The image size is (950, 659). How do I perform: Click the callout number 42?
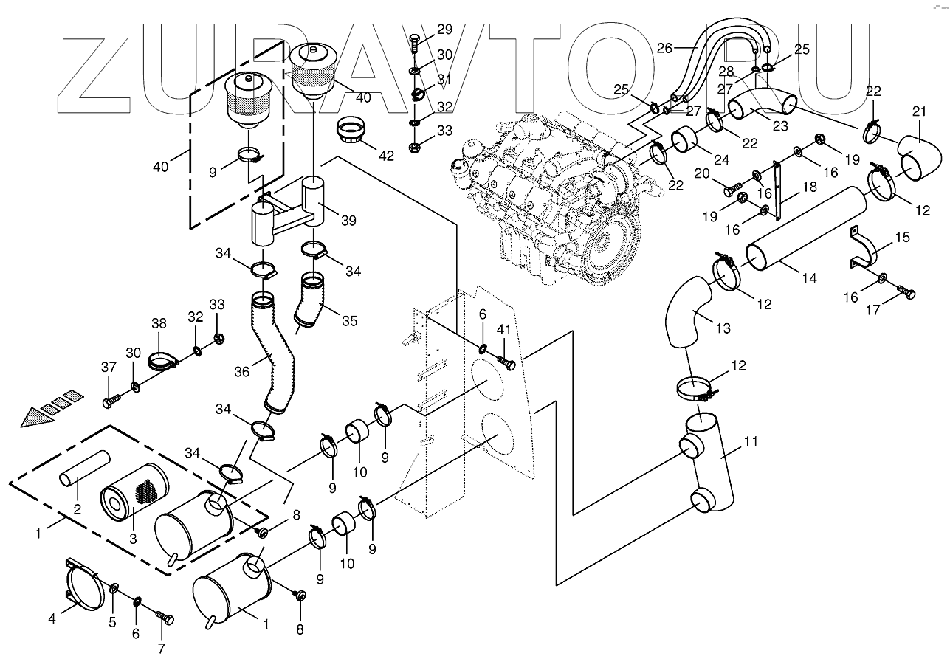[x=386, y=156]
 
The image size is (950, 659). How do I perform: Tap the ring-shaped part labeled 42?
[x=353, y=131]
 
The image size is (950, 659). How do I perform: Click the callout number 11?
[x=751, y=443]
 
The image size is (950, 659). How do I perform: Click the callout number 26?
[x=664, y=49]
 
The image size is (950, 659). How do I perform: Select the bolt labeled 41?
[x=507, y=363]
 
